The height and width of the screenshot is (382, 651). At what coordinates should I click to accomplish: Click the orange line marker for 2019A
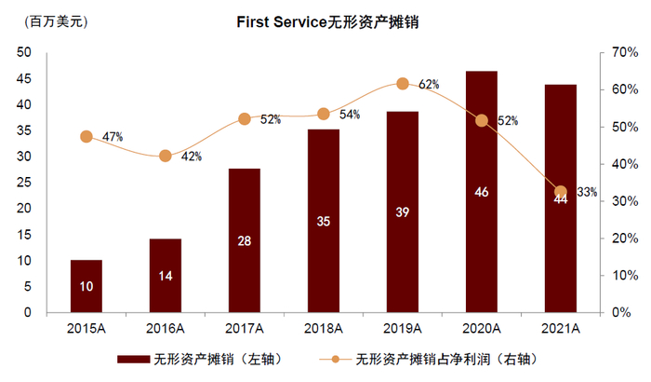pyautogui.click(x=403, y=84)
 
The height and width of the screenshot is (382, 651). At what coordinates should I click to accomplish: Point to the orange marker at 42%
pyautogui.click(x=166, y=156)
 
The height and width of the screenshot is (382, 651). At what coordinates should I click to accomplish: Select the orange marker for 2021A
pyautogui.click(x=560, y=192)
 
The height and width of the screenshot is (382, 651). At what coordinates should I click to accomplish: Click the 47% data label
pyautogui.click(x=113, y=137)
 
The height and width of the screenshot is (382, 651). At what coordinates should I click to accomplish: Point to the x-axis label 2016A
pyautogui.click(x=165, y=328)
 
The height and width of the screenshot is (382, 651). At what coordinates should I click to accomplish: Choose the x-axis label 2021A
pyautogui.click(x=560, y=328)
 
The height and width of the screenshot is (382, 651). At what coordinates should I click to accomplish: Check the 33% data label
pyautogui.click(x=587, y=193)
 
